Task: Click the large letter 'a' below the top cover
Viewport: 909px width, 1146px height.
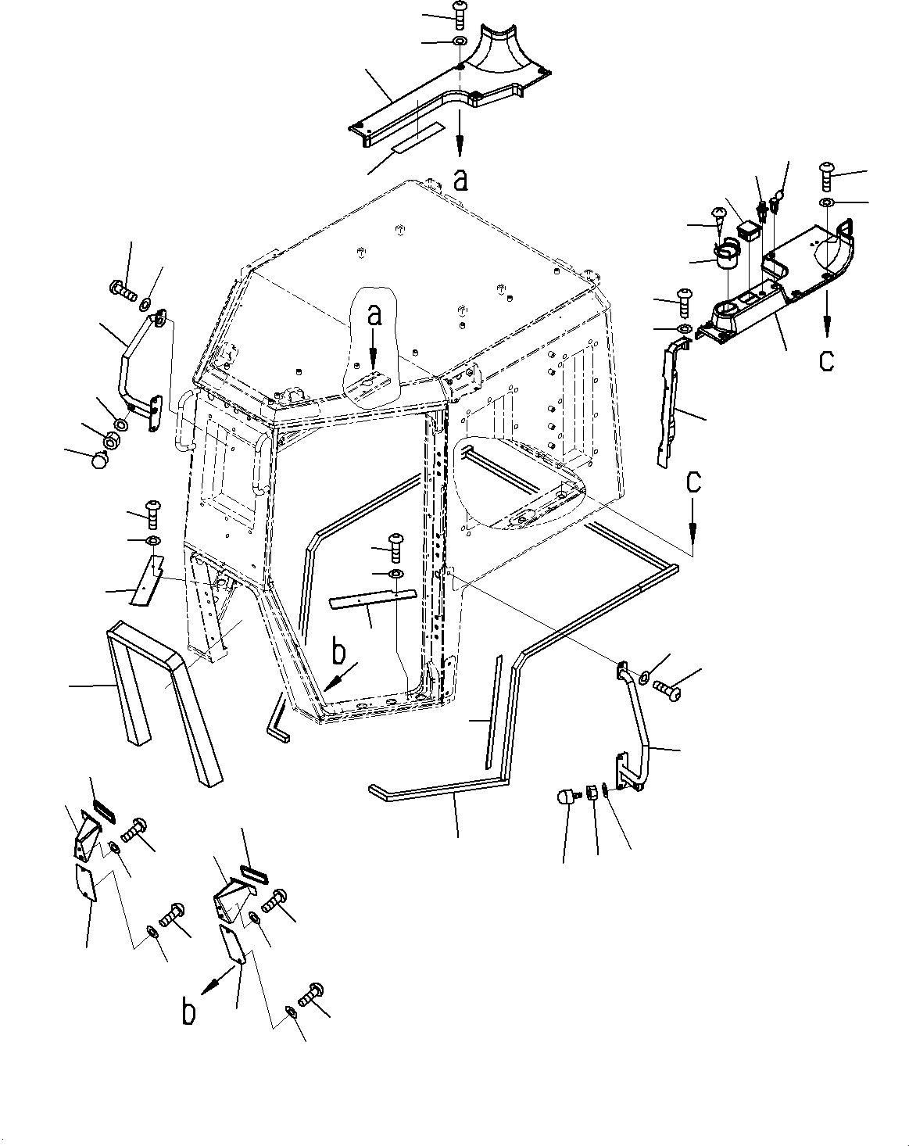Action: [461, 181]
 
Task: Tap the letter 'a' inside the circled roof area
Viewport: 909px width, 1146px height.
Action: [375, 315]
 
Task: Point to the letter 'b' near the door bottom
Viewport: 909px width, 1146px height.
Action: [338, 650]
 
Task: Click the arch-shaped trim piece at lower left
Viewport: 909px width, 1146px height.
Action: [163, 688]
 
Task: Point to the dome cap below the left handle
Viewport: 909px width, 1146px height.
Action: [99, 461]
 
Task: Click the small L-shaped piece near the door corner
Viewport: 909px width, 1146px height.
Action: [277, 718]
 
